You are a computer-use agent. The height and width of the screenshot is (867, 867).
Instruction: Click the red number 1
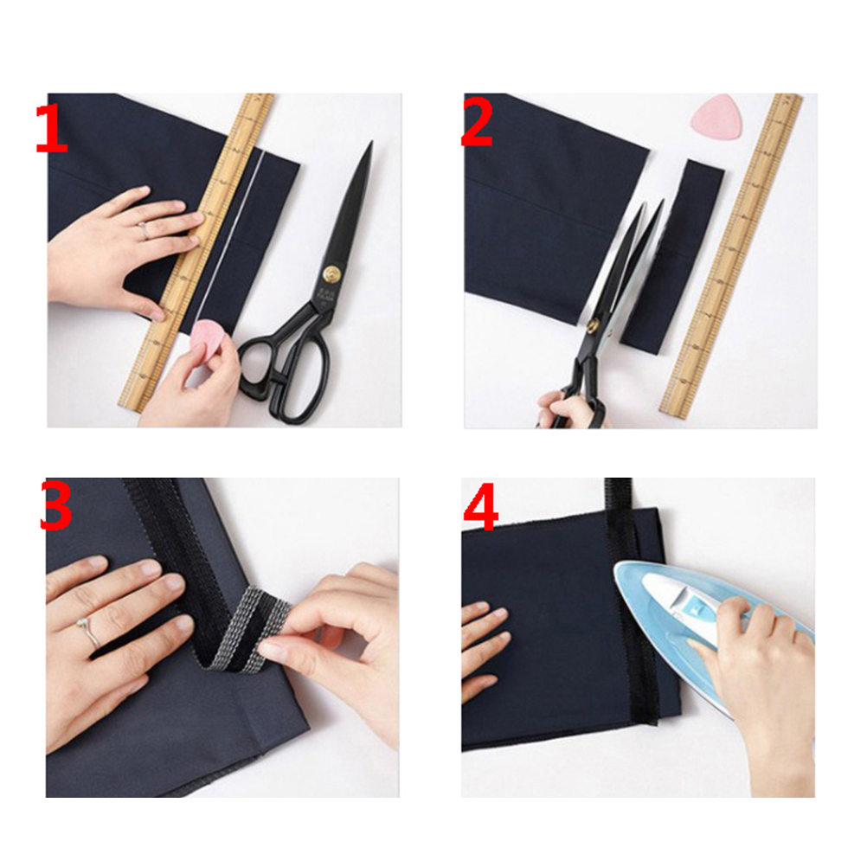51,129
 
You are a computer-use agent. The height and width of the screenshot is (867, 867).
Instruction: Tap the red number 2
477,122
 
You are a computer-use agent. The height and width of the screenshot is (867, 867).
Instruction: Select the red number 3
56,505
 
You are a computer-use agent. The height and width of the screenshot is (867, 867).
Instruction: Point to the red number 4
480,506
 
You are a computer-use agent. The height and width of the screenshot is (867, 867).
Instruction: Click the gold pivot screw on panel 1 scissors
331,273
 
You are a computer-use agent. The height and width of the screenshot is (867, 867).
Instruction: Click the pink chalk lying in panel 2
715,114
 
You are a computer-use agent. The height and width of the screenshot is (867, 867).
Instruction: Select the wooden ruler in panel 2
731,254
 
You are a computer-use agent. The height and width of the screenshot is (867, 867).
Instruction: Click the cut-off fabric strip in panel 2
671,257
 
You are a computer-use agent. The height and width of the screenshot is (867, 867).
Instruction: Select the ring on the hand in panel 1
143,230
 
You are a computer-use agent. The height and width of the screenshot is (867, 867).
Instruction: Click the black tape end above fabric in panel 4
618,494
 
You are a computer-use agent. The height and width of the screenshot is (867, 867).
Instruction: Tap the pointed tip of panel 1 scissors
371,143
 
